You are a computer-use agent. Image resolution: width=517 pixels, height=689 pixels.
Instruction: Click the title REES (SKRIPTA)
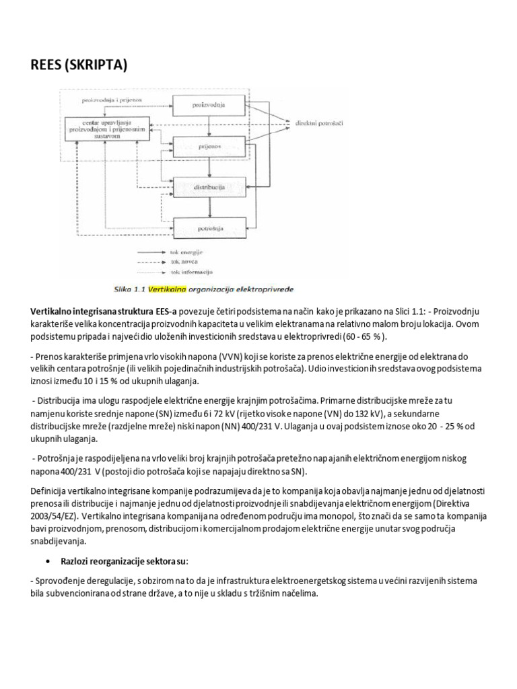[x=79, y=65]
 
